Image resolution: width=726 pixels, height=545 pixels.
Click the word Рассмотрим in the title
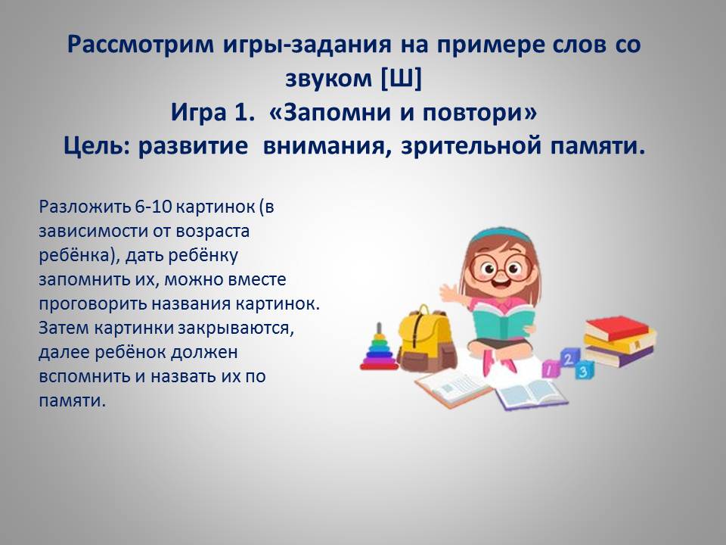point(141,45)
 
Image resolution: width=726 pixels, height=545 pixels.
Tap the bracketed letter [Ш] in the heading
point(401,78)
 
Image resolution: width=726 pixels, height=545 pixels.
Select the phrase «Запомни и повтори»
point(402,112)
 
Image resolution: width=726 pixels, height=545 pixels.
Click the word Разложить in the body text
point(85,207)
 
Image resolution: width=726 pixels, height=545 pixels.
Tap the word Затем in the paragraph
point(64,328)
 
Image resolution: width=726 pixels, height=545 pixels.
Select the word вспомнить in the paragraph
point(85,376)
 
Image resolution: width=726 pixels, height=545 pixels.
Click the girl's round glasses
point(501,267)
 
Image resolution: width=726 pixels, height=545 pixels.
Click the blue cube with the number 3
point(583,370)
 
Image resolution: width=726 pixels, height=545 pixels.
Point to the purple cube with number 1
point(551,369)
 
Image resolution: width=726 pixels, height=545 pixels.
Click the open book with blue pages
point(532,394)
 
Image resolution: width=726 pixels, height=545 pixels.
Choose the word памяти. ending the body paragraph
point(73,400)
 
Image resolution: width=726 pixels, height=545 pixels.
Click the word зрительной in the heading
point(471,146)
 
